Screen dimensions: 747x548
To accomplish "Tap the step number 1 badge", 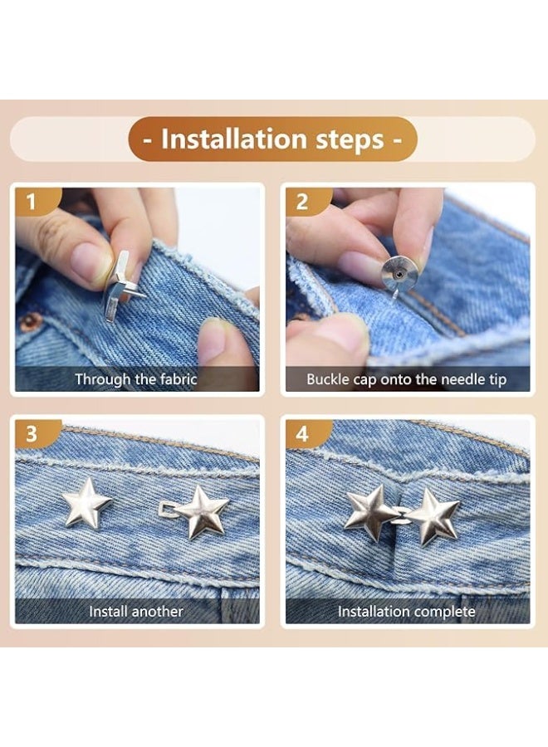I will click(x=32, y=201).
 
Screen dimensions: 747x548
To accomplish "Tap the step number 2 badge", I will click(x=302, y=201).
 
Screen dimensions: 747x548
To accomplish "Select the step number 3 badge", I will click(x=32, y=434).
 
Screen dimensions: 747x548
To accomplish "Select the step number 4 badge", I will click(x=302, y=434).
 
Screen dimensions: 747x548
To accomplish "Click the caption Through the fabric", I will click(x=136, y=379).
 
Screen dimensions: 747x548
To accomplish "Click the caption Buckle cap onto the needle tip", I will click(x=407, y=379).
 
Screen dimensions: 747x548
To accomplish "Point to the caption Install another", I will click(x=136, y=612).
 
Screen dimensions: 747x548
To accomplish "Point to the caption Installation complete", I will click(x=407, y=612).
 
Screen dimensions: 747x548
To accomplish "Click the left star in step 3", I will click(x=86, y=503).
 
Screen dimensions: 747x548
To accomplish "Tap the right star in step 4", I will click(x=433, y=515).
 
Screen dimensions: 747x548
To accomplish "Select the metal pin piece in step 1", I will click(x=118, y=286).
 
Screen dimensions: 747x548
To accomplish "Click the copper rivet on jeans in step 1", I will click(x=31, y=322).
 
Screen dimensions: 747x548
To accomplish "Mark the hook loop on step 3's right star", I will click(x=169, y=508).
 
